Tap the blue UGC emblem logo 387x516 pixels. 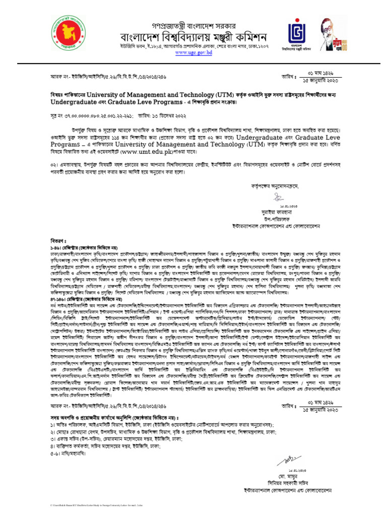pyautogui.click(x=297, y=33)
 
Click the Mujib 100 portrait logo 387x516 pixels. pyautogui.click(x=332, y=33)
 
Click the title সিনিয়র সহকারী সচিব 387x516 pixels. pyautogui.click(x=285, y=483)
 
